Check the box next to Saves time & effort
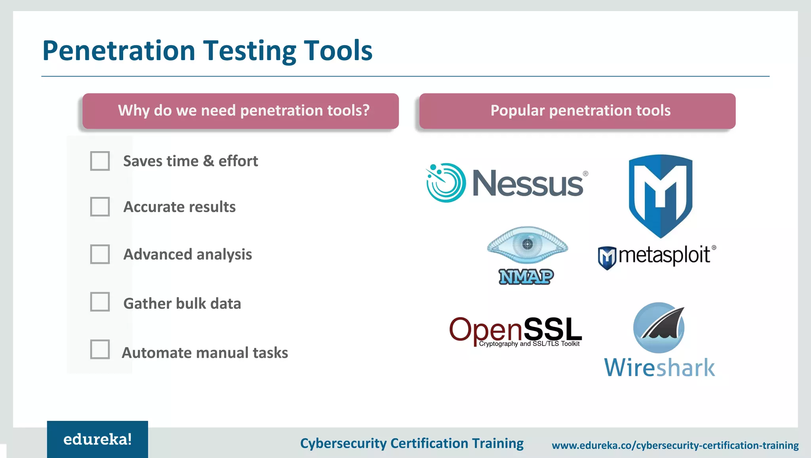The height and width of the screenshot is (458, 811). coord(100,161)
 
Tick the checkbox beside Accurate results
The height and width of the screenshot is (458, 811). coord(100,207)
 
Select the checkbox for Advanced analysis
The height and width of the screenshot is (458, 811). coord(100,254)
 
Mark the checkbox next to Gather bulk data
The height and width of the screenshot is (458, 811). coord(100,302)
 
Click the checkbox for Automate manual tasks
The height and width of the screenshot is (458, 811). coord(100,349)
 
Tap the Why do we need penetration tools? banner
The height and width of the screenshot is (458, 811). coord(240,111)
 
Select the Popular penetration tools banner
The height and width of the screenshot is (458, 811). coord(577,111)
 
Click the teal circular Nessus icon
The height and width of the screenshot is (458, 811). coord(445,183)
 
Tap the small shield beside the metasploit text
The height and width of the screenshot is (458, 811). coord(607,258)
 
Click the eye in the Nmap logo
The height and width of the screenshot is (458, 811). coord(527,245)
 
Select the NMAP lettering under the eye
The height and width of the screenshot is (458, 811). coord(526,277)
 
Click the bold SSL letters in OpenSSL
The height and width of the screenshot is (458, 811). coord(553,329)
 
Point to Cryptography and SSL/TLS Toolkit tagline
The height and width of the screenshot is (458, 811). coord(529,344)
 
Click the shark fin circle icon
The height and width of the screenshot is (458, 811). coord(659,328)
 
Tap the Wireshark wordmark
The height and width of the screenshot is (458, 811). coord(659,368)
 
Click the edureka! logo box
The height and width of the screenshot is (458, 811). coord(97,439)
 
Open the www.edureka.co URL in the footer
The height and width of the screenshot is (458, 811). coord(675,446)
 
